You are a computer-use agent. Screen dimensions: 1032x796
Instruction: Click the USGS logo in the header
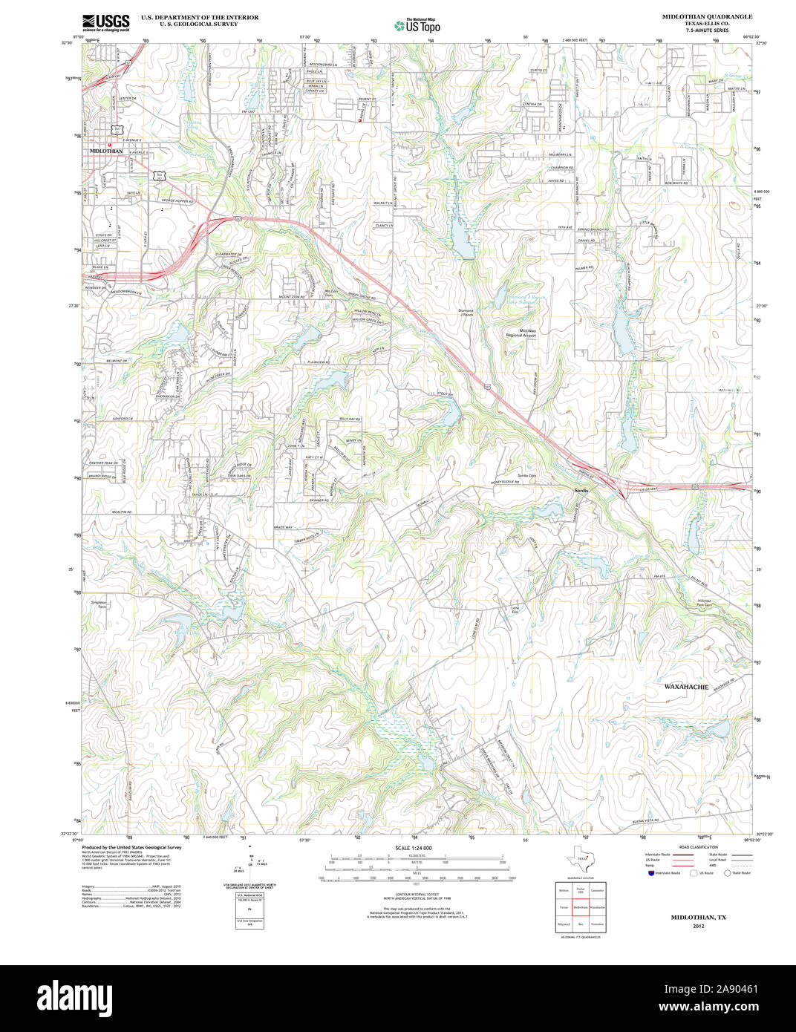coord(105,22)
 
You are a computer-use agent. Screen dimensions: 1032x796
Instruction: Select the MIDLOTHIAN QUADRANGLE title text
coord(696,16)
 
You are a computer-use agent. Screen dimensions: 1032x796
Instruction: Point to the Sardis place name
coord(581,491)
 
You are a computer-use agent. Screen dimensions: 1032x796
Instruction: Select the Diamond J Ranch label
coord(466,313)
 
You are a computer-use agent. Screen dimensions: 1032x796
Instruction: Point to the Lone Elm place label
coord(515,610)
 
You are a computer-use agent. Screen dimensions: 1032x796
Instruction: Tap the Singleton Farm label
coord(99,604)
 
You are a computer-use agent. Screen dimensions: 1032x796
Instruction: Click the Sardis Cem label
coord(526,475)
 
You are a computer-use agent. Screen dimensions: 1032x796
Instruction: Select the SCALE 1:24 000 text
coord(414,848)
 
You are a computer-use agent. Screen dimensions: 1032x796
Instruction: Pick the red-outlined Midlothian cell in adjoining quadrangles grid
coord(580,907)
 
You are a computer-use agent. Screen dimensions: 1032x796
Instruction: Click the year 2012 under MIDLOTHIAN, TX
coord(698,927)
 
